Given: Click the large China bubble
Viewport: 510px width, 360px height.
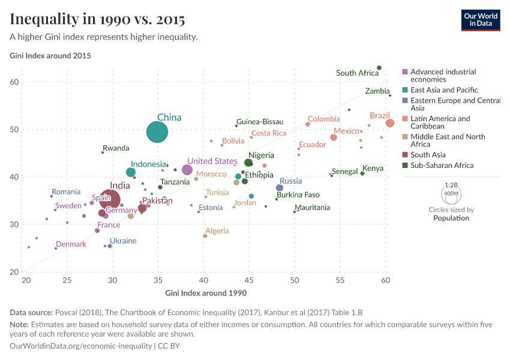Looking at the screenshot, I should pyautogui.click(x=157, y=132).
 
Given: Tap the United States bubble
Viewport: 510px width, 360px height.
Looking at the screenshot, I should pyautogui.click(x=187, y=170).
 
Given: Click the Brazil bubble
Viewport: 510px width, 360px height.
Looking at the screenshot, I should pyautogui.click(x=390, y=123).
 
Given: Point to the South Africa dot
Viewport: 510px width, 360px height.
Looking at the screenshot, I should pyautogui.click(x=379, y=68).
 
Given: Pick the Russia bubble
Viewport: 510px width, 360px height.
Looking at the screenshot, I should pyautogui.click(x=280, y=188).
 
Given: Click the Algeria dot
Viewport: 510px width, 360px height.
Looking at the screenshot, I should pyautogui.click(x=205, y=236).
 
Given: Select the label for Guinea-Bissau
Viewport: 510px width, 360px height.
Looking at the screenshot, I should pyautogui.click(x=260, y=122).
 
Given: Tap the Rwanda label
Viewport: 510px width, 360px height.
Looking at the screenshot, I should pyautogui.click(x=116, y=148).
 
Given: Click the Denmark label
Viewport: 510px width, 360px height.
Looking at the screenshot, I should pyautogui.click(x=71, y=244).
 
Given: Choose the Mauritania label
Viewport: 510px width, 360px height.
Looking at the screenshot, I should pyautogui.click(x=312, y=208).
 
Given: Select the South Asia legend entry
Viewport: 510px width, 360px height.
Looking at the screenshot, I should pyautogui.click(x=428, y=155).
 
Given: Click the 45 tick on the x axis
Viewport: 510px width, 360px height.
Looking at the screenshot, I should pyautogui.click(x=249, y=280).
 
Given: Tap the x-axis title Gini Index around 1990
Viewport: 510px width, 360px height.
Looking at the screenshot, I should pyautogui.click(x=205, y=293).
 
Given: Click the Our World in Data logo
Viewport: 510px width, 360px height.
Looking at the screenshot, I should pyautogui.click(x=481, y=20).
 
